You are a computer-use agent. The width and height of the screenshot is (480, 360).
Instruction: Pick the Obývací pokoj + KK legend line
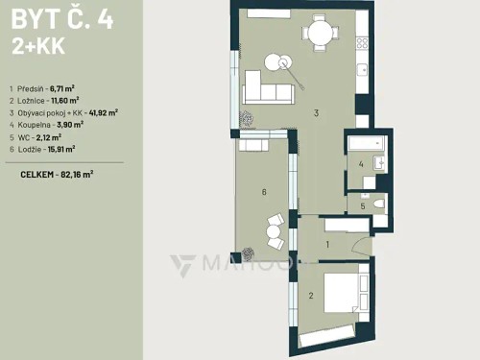click(x=63, y=112)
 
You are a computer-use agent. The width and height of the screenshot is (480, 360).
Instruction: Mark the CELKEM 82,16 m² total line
click(x=57, y=175)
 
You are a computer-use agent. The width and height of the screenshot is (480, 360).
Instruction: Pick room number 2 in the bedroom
click(x=310, y=295)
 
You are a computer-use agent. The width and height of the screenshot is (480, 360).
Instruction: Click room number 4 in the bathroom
click(x=361, y=165)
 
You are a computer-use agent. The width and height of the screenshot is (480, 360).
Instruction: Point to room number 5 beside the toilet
click(x=361, y=205)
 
